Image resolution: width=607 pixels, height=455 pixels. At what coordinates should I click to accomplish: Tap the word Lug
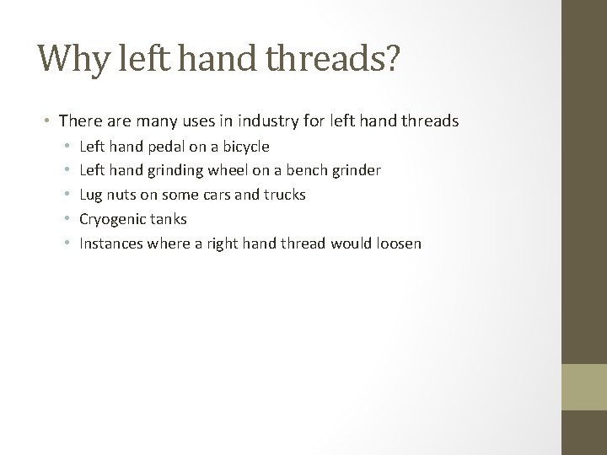coord(91,195)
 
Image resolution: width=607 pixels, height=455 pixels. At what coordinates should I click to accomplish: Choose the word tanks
coord(169,219)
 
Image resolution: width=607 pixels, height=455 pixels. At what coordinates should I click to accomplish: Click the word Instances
coord(111,244)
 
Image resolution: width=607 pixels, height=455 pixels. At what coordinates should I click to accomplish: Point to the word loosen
coord(397,244)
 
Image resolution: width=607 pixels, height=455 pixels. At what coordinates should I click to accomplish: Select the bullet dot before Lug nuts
coord(66,195)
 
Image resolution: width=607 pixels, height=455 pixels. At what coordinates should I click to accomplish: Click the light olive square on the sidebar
coord(584,387)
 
